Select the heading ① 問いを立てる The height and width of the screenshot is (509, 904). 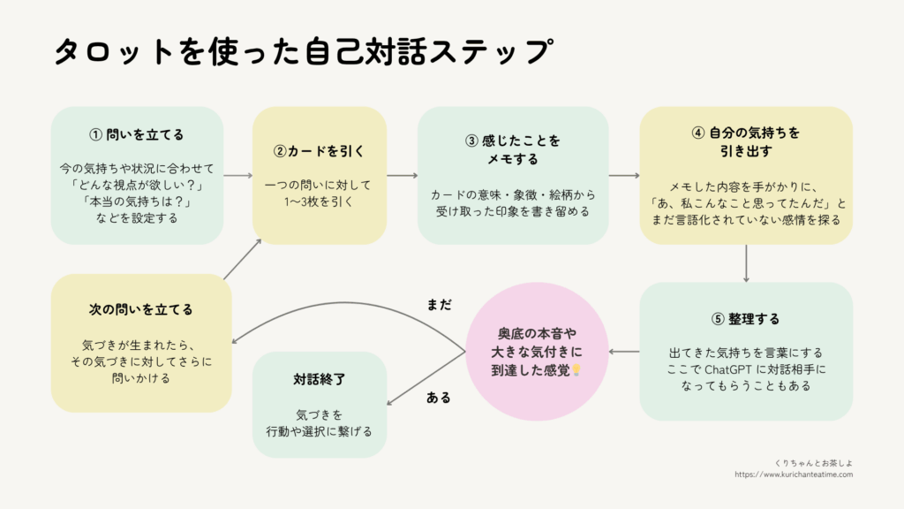point(137,134)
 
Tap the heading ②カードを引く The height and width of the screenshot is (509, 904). point(320,150)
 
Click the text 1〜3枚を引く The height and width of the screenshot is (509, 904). point(320,201)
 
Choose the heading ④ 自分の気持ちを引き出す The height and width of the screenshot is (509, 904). point(746,141)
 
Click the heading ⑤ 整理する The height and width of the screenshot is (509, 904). point(746,318)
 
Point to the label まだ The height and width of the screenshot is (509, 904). point(439,304)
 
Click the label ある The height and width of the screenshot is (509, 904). point(439,398)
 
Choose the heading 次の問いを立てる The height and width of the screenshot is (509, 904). point(141,309)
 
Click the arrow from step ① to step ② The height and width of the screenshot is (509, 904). point(238,176)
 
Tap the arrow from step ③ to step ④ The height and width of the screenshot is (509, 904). point(624,176)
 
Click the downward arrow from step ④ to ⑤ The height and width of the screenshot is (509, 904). point(747,263)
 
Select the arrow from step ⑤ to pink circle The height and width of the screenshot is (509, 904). point(624,352)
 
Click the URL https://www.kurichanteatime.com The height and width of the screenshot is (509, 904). point(794,475)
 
